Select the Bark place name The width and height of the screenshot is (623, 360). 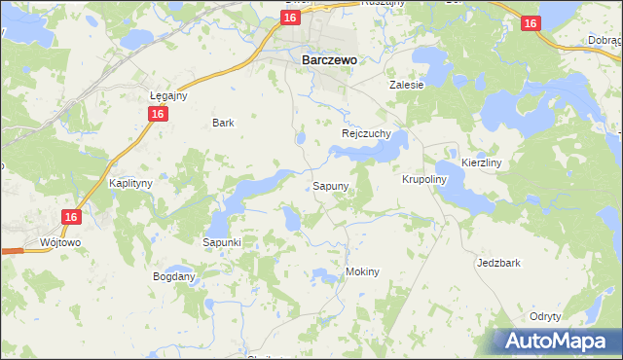pyautogui.click(x=224, y=123)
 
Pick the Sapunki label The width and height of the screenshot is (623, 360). pyautogui.click(x=221, y=241)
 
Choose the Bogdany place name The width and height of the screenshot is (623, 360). pyautogui.click(x=174, y=276)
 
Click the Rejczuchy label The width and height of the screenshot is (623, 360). pyautogui.click(x=366, y=132)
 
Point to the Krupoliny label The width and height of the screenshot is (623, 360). pyautogui.click(x=423, y=180)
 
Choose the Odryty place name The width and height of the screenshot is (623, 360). pyautogui.click(x=545, y=316)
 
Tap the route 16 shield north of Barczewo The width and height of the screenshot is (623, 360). pyautogui.click(x=289, y=18)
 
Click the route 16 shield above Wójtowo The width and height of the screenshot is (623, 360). pyautogui.click(x=69, y=218)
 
